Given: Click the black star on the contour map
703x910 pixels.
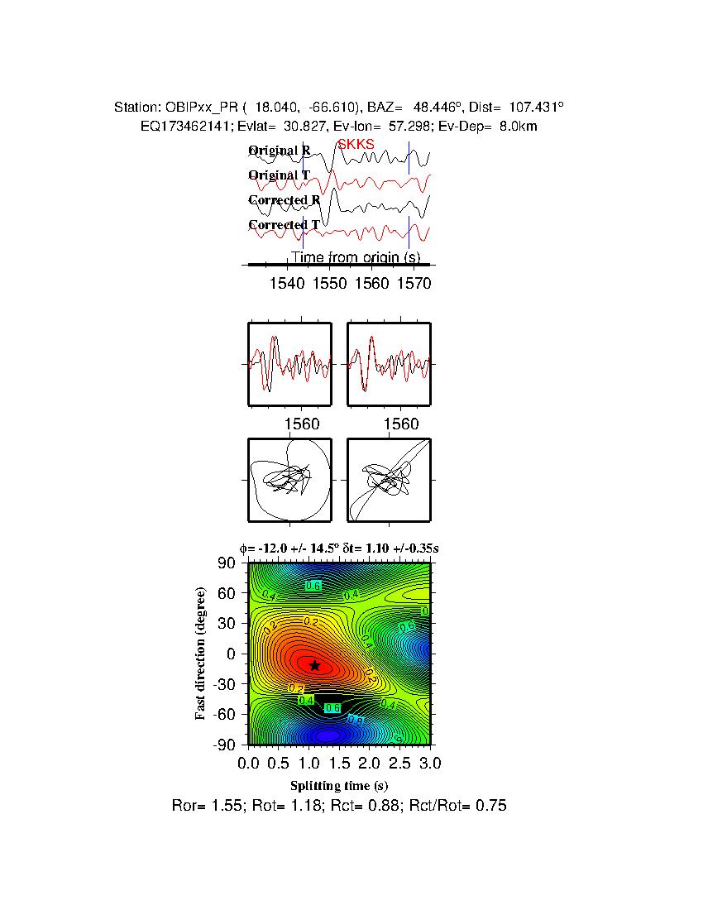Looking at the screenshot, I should point(314,665).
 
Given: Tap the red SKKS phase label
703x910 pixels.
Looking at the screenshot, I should point(356,144).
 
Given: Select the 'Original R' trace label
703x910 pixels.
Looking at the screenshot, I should point(280,151).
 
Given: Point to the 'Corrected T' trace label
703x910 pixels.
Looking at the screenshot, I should point(284,225).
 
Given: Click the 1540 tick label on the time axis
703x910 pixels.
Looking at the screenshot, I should point(287,284).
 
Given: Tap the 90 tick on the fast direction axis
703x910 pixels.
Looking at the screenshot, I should point(228,563).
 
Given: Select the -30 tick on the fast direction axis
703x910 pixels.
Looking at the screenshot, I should point(225,684).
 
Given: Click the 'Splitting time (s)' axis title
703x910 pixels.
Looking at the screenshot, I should point(339,785).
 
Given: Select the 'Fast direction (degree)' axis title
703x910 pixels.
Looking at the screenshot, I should point(201,654).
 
